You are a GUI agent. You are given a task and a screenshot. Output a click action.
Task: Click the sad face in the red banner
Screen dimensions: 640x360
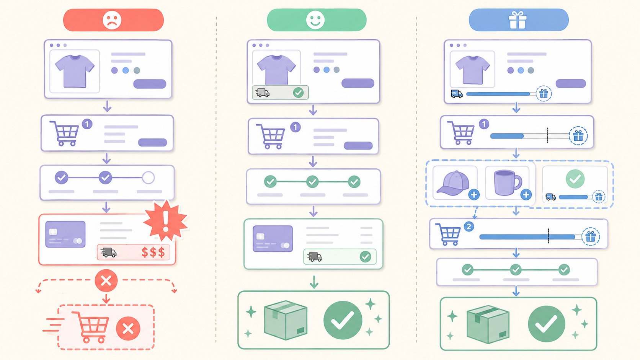pyautogui.click(x=112, y=20)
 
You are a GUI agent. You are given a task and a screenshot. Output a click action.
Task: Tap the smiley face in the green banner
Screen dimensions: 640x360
pyautogui.click(x=315, y=20)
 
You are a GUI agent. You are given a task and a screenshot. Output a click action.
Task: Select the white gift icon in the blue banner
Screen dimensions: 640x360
pyautogui.click(x=518, y=20)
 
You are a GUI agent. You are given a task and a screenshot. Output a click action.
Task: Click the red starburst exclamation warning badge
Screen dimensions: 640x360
pyautogui.click(x=165, y=221)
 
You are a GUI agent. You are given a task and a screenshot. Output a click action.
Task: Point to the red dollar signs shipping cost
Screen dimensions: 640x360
pyautogui.click(x=153, y=252)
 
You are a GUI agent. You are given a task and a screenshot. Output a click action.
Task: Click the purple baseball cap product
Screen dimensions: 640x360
pyautogui.click(x=453, y=183)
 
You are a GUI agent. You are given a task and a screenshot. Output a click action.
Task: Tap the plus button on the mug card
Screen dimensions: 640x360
pyautogui.click(x=526, y=195)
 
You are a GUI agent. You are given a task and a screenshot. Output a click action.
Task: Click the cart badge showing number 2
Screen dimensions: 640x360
pyautogui.click(x=469, y=227)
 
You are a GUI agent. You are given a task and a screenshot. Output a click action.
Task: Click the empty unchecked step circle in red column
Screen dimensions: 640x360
pyautogui.click(x=148, y=178)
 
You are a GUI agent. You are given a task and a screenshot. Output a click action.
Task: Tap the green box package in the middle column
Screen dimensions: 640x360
pyautogui.click(x=286, y=320)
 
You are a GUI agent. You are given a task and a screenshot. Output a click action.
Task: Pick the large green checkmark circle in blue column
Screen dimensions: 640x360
pyautogui.click(x=546, y=324)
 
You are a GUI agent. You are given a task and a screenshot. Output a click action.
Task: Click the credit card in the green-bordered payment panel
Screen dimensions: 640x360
pyautogui.click(x=273, y=239)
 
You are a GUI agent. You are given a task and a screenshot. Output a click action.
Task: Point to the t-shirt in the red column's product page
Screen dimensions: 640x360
pyautogui.click(x=75, y=71)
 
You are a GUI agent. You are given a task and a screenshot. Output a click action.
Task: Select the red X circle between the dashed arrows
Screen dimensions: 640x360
pyautogui.click(x=106, y=281)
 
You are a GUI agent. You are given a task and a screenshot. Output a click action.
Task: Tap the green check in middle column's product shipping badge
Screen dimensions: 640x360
pyautogui.click(x=299, y=93)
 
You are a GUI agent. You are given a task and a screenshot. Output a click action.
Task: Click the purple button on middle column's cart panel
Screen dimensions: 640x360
pyautogui.click(x=358, y=146)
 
